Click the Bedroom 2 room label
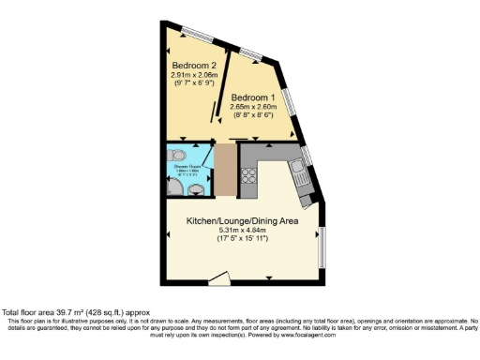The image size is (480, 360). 194,66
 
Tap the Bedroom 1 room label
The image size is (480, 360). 252,98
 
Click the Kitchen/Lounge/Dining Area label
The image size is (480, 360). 242,220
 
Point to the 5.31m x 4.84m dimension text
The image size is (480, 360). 242,230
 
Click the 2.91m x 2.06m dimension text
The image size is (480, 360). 194,75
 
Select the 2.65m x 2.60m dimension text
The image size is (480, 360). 252,107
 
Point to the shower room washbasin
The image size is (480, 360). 195,189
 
